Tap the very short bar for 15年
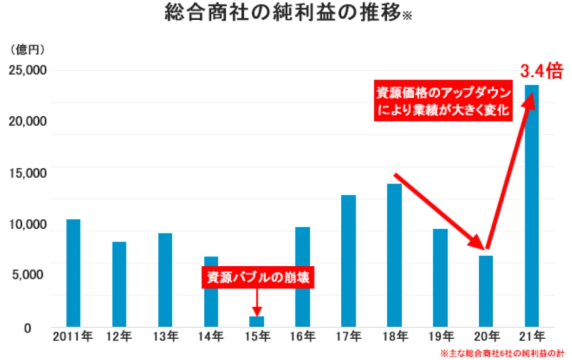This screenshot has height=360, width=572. (x=256, y=321)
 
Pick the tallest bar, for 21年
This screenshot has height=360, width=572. (x=531, y=206)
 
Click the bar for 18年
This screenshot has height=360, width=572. (x=394, y=255)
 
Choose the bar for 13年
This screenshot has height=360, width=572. (x=165, y=280)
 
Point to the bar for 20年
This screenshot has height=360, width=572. (x=486, y=291)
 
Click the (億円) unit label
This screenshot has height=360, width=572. (x=27, y=48)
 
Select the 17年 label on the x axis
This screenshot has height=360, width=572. (x=349, y=337)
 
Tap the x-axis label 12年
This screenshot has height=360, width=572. (x=119, y=337)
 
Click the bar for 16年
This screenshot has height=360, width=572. (x=302, y=277)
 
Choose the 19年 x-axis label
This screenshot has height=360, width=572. (x=440, y=337)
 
